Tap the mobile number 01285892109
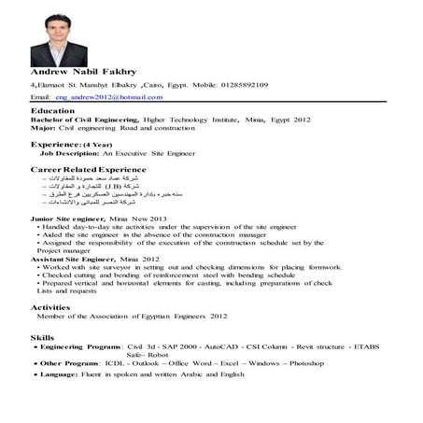pos(242,84)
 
